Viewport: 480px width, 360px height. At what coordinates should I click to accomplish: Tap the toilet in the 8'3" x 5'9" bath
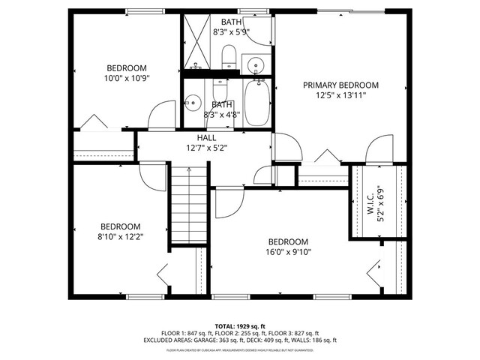coord(230,56)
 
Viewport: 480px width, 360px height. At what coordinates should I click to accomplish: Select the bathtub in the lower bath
coord(255,104)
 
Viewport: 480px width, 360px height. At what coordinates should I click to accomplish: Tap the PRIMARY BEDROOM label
coord(340,85)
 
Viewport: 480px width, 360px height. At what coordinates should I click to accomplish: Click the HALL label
coord(206,138)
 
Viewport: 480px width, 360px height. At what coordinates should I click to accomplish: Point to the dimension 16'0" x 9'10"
coord(289,252)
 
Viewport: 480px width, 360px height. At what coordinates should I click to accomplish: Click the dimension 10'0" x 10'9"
coord(126,77)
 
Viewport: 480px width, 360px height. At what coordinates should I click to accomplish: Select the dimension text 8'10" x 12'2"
coord(121,236)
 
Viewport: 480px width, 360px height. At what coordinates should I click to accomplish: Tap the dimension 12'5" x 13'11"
coord(340,95)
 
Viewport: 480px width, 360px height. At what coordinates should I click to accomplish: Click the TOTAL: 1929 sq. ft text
coord(239,325)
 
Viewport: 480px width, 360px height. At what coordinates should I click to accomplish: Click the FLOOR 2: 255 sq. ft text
coord(239,333)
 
